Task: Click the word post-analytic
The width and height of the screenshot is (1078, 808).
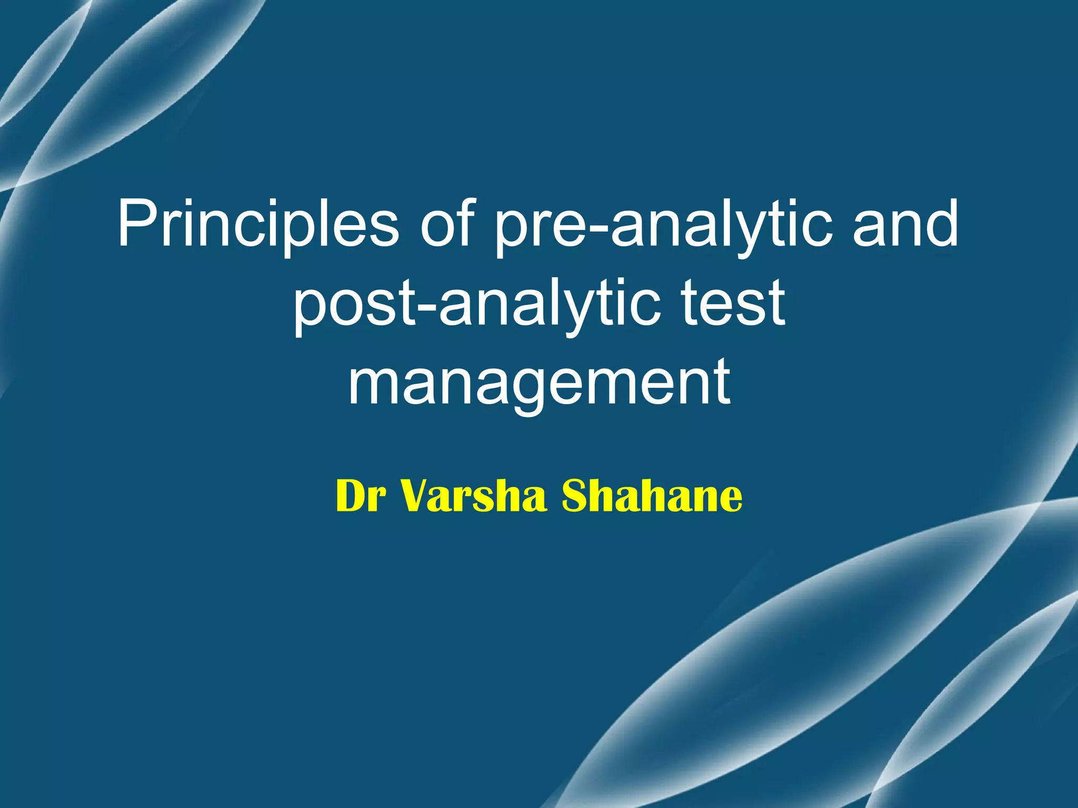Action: tap(476, 304)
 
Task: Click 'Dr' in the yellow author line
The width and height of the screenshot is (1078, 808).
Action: tap(358, 496)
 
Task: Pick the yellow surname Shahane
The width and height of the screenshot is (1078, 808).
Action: tap(652, 496)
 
